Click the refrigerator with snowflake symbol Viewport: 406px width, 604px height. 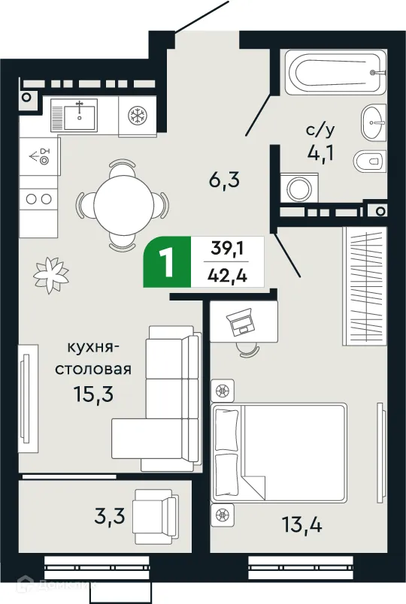point(138,115)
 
